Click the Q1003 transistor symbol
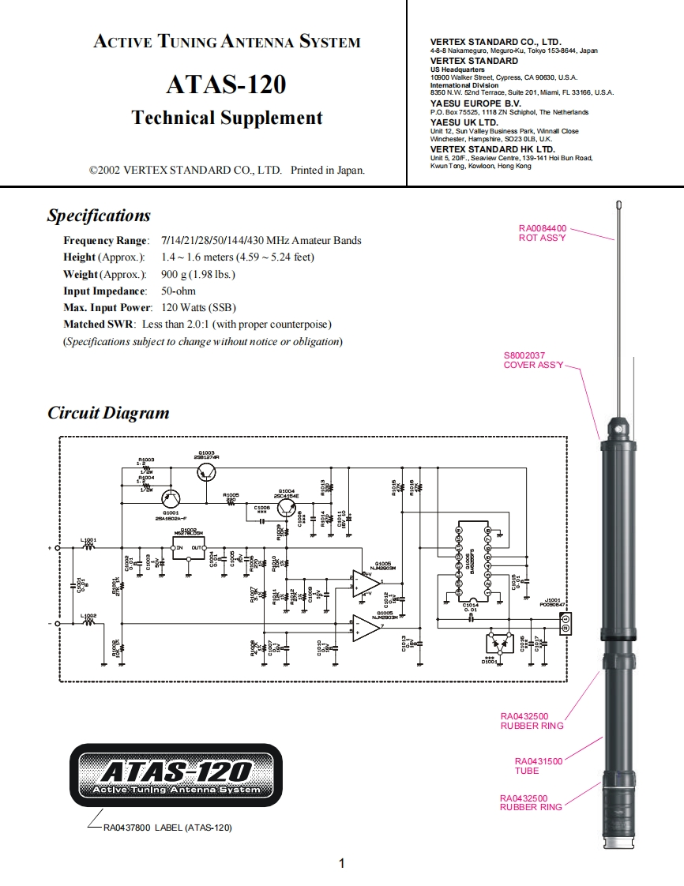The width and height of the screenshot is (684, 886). (207, 472)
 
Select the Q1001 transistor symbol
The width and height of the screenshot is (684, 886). (171, 498)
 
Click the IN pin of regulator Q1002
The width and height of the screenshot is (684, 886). (179, 547)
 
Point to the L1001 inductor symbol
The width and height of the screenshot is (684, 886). (88, 547)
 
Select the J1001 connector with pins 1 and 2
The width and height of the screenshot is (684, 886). (564, 623)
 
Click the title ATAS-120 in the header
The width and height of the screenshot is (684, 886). (226, 84)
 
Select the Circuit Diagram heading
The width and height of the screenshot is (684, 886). (108, 413)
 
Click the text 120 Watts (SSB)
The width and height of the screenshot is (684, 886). (198, 308)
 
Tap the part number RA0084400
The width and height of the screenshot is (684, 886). (542, 228)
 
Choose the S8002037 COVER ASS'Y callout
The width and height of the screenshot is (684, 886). (534, 361)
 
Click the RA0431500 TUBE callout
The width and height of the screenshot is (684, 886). (539, 766)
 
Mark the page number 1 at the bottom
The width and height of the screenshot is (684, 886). (341, 863)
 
